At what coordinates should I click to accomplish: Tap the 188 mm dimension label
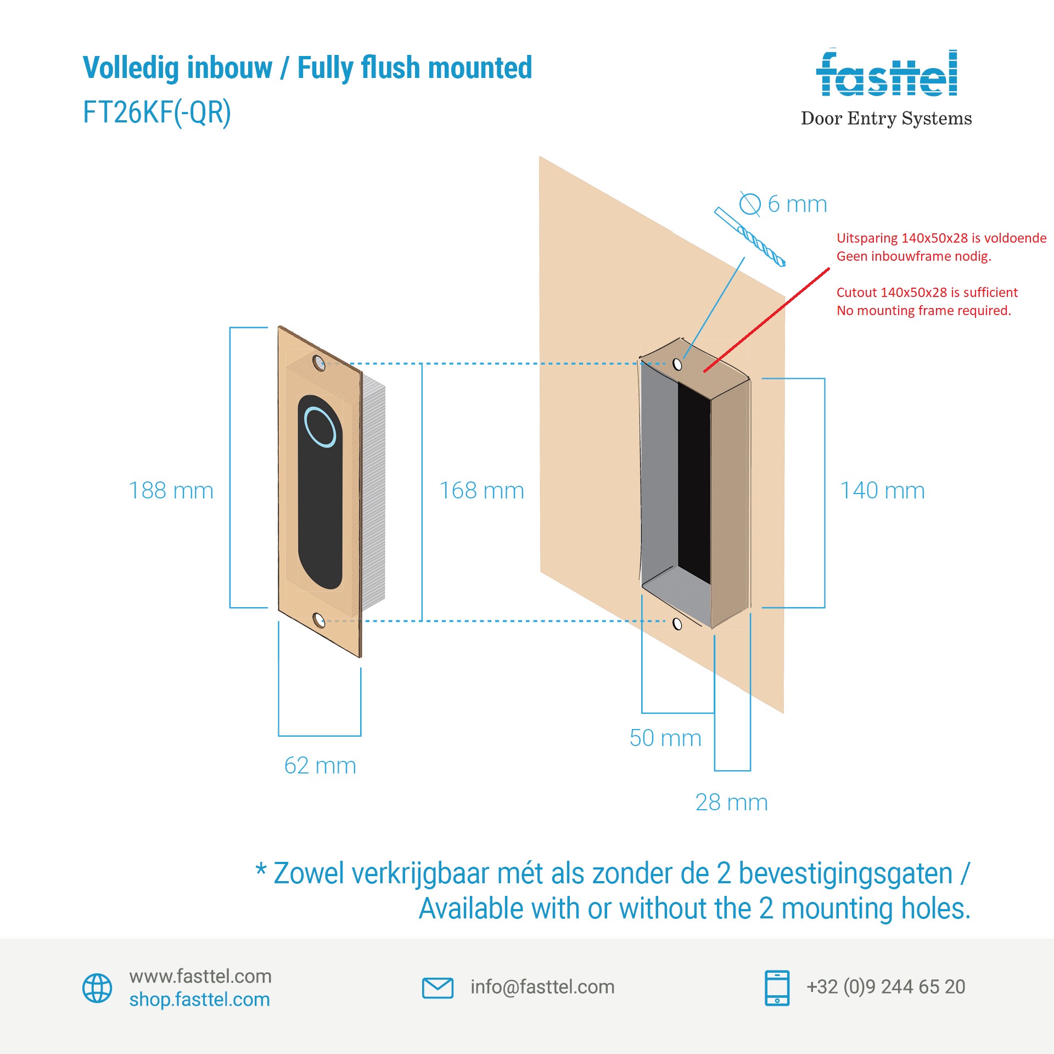pos(171,490)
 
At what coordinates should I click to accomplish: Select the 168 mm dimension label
pos(481,490)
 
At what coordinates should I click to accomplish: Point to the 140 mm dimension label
pos(882,490)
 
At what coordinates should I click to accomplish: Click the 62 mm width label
pos(320,765)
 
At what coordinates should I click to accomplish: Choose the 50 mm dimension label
pos(665,738)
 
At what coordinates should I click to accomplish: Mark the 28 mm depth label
pos(731,802)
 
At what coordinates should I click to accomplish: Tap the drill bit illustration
pos(749,237)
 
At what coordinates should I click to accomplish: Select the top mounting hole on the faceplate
pos(318,363)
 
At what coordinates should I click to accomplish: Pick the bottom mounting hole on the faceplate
pos(318,620)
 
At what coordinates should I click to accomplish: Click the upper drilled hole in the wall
pos(677,365)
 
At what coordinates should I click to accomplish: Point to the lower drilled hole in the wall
pos(677,624)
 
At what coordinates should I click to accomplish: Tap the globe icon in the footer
pos(97,988)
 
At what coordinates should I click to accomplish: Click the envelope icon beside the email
pos(438,988)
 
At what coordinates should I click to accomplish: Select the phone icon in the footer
pos(777,988)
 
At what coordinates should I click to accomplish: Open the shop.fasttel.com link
pos(200,1000)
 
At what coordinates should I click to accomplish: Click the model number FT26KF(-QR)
pos(157,113)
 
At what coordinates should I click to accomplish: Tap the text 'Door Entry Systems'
pos(886,118)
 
